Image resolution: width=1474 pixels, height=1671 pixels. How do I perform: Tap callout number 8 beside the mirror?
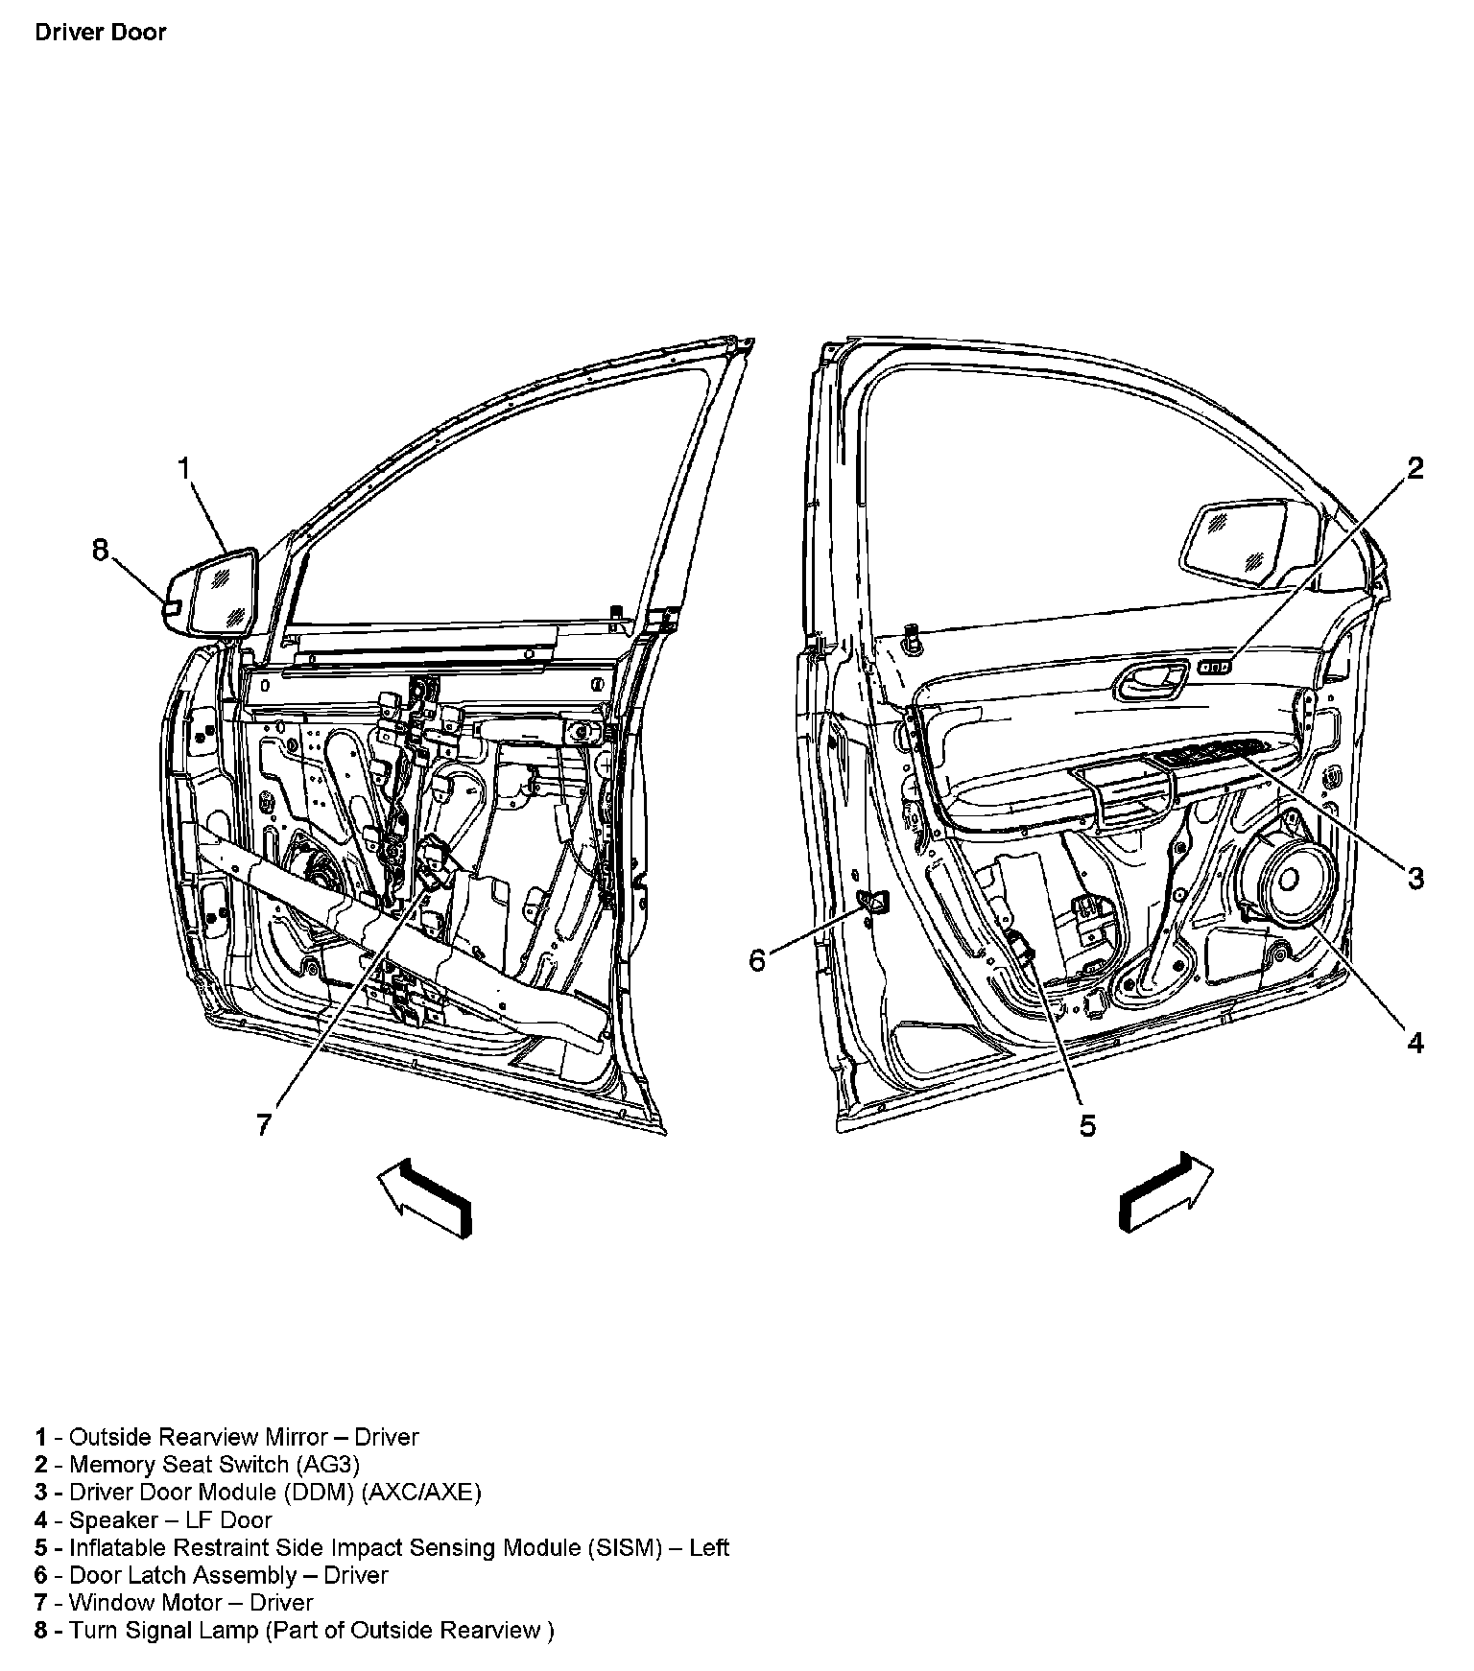101,550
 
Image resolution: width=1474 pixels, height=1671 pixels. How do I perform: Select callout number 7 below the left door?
264,1124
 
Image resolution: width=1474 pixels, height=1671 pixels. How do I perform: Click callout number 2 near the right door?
1415,467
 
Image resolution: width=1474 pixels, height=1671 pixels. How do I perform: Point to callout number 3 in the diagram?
1415,877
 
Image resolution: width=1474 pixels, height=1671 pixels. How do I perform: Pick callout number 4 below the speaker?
1415,1042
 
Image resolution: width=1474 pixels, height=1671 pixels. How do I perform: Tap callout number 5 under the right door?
1086,1125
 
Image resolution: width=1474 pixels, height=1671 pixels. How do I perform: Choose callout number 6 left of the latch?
757,959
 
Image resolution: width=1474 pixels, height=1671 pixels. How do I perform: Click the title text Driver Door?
100,32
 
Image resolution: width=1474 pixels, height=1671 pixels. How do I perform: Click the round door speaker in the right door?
1287,881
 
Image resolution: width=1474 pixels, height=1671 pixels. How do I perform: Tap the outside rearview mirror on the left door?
213,593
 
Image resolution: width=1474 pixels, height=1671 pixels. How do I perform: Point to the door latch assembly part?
874,901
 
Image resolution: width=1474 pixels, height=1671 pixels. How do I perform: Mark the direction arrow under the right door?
1165,1190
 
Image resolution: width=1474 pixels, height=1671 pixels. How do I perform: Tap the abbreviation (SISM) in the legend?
627,1547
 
